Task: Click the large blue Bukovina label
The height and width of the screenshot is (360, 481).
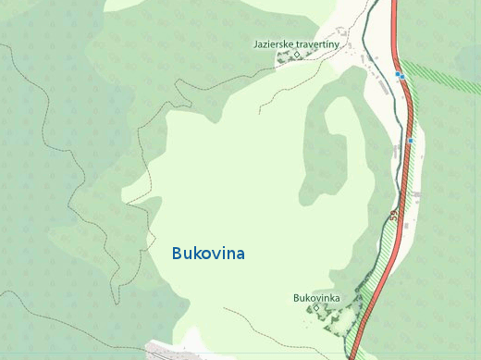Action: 208,253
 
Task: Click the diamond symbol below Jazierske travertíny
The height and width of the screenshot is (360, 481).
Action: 297,55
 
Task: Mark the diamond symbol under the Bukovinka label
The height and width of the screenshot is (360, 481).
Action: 316,307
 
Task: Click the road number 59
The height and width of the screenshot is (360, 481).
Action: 394,216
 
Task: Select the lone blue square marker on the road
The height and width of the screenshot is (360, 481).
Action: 409,141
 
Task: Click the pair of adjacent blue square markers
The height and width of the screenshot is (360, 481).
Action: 400,75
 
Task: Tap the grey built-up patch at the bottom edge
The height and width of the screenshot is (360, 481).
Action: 166,350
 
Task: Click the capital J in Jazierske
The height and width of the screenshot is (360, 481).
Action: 255,43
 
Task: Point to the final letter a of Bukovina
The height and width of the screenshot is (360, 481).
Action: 240,253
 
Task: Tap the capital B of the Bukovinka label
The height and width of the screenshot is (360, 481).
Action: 296,297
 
